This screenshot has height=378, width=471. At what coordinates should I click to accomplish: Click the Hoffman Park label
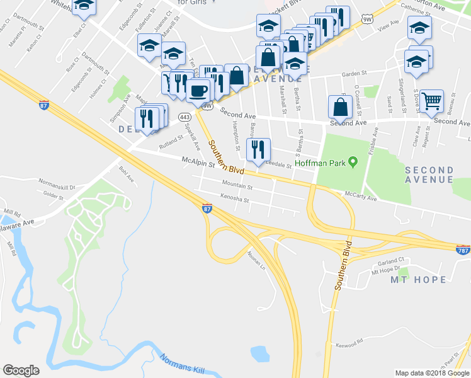pos(322,163)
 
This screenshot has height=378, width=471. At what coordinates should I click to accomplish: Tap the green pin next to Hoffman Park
pos(353,163)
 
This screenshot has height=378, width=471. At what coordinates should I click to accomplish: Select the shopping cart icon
pos(431,101)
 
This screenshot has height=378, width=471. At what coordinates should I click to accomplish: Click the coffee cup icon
pos(198,91)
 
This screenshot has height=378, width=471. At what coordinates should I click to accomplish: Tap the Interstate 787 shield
pos(462,249)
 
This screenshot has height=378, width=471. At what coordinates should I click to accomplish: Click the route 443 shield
pos(184,117)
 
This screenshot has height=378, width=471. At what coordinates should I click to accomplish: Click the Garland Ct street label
pos(387,261)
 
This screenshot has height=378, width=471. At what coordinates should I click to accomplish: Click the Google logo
pos(21,370)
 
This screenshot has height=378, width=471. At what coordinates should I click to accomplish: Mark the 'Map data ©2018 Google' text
pos(432,373)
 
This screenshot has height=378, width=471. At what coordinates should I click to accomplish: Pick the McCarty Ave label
pos(360,194)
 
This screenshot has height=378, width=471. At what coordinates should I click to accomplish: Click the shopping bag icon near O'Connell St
pos(340,108)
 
